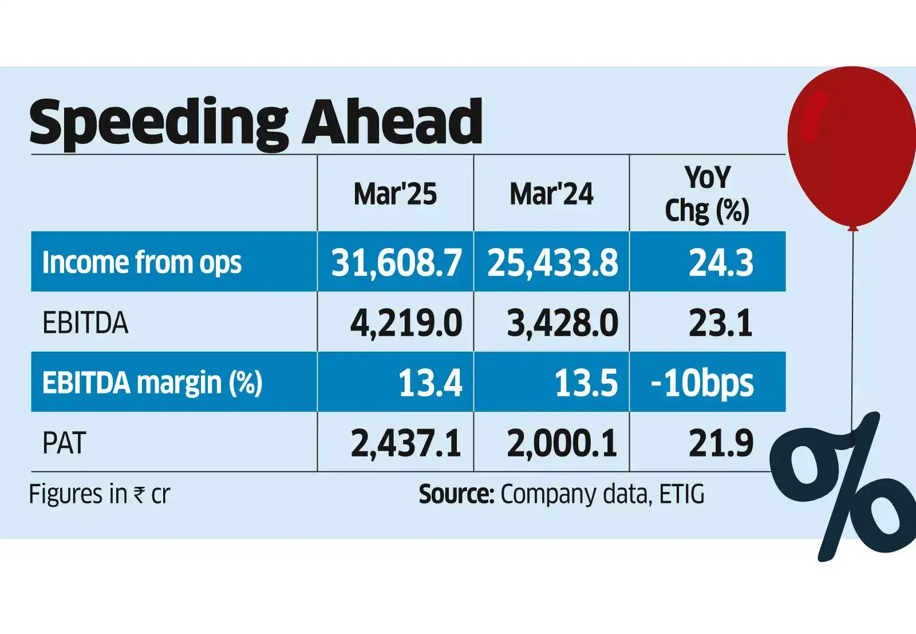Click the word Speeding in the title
[x=157, y=123]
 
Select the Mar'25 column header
[x=395, y=194]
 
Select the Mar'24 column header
[x=551, y=194]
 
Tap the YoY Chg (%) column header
[x=707, y=194]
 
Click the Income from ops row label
[x=142, y=262]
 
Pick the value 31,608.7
[x=396, y=262]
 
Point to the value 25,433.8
[x=552, y=262]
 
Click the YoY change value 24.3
[x=720, y=262]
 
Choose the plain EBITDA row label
[x=85, y=323]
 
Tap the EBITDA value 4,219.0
[x=406, y=323]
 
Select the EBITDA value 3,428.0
[x=562, y=323]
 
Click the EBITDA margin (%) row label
[x=152, y=383]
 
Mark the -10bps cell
[x=702, y=383]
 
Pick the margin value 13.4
[x=430, y=383]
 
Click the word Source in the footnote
[x=456, y=494]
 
